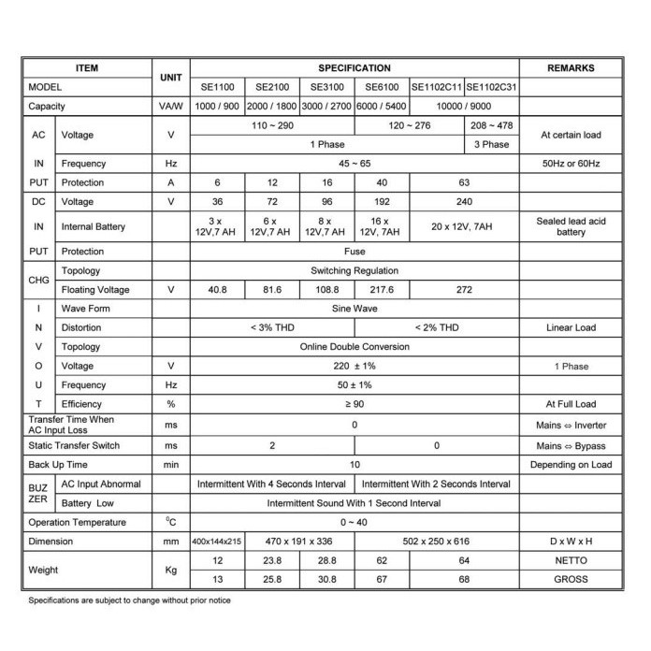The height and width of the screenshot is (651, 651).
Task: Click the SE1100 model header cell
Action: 216,86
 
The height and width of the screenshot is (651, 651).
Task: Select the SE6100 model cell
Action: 382,86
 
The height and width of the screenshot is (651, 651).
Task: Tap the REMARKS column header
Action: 570,68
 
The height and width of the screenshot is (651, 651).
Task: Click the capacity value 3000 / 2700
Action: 326,107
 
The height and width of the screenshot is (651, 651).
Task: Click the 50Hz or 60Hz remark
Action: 570,164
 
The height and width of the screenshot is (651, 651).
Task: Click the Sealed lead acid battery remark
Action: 570,226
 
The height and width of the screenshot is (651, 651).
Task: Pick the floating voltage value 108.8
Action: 326,289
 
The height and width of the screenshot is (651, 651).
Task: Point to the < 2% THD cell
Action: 436,327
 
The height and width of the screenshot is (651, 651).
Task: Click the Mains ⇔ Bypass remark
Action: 570,445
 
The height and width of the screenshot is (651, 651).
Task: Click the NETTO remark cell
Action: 570,561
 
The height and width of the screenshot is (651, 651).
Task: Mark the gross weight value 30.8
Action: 326,580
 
